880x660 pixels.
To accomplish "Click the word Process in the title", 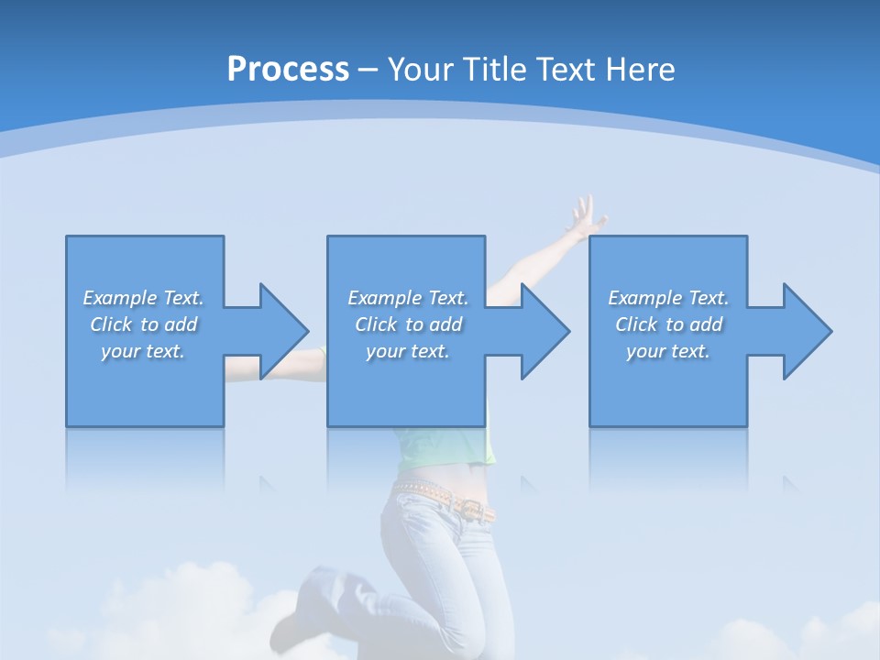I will tap(288, 69).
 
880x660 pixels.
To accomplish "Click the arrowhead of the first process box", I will tap(283, 331).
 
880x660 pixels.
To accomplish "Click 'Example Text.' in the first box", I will tap(144, 298).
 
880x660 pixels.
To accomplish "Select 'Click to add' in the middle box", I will tap(408, 324).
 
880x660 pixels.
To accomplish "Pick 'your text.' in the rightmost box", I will tap(668, 351).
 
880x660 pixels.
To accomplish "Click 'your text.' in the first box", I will tap(144, 351).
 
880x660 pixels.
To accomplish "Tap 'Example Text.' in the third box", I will tap(668, 298).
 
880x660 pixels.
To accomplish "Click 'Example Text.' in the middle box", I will tap(408, 298).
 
